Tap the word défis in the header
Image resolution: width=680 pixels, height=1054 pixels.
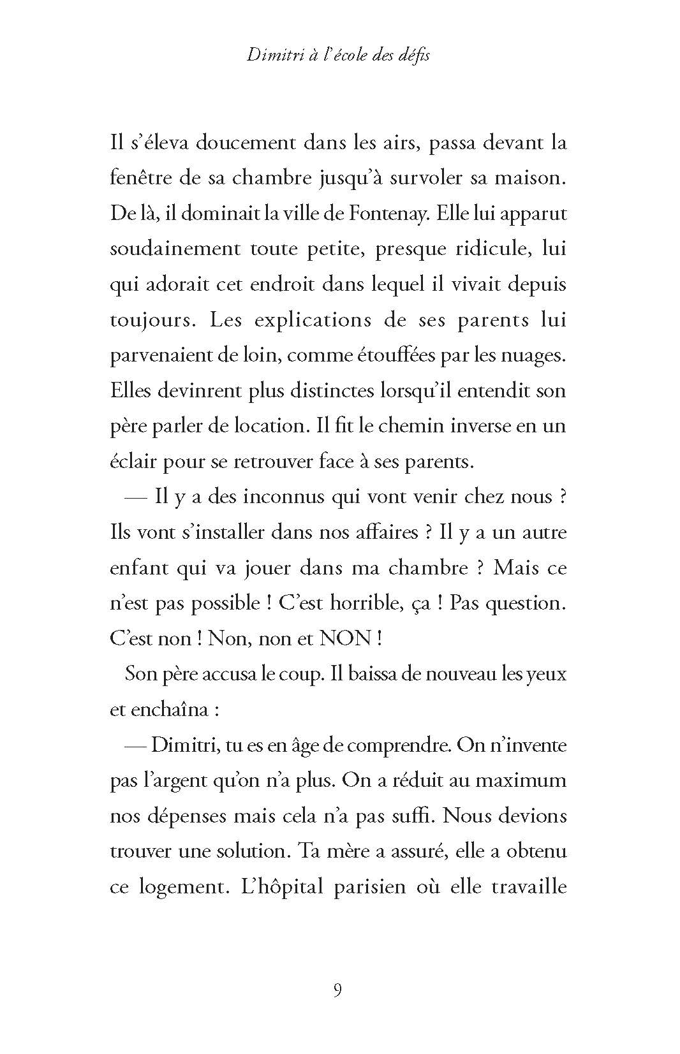point(413,55)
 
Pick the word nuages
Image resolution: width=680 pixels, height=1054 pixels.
point(537,356)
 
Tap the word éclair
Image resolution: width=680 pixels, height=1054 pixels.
point(133,462)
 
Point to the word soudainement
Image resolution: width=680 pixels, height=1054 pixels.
point(175,249)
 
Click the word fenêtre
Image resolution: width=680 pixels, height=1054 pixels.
point(139,178)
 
